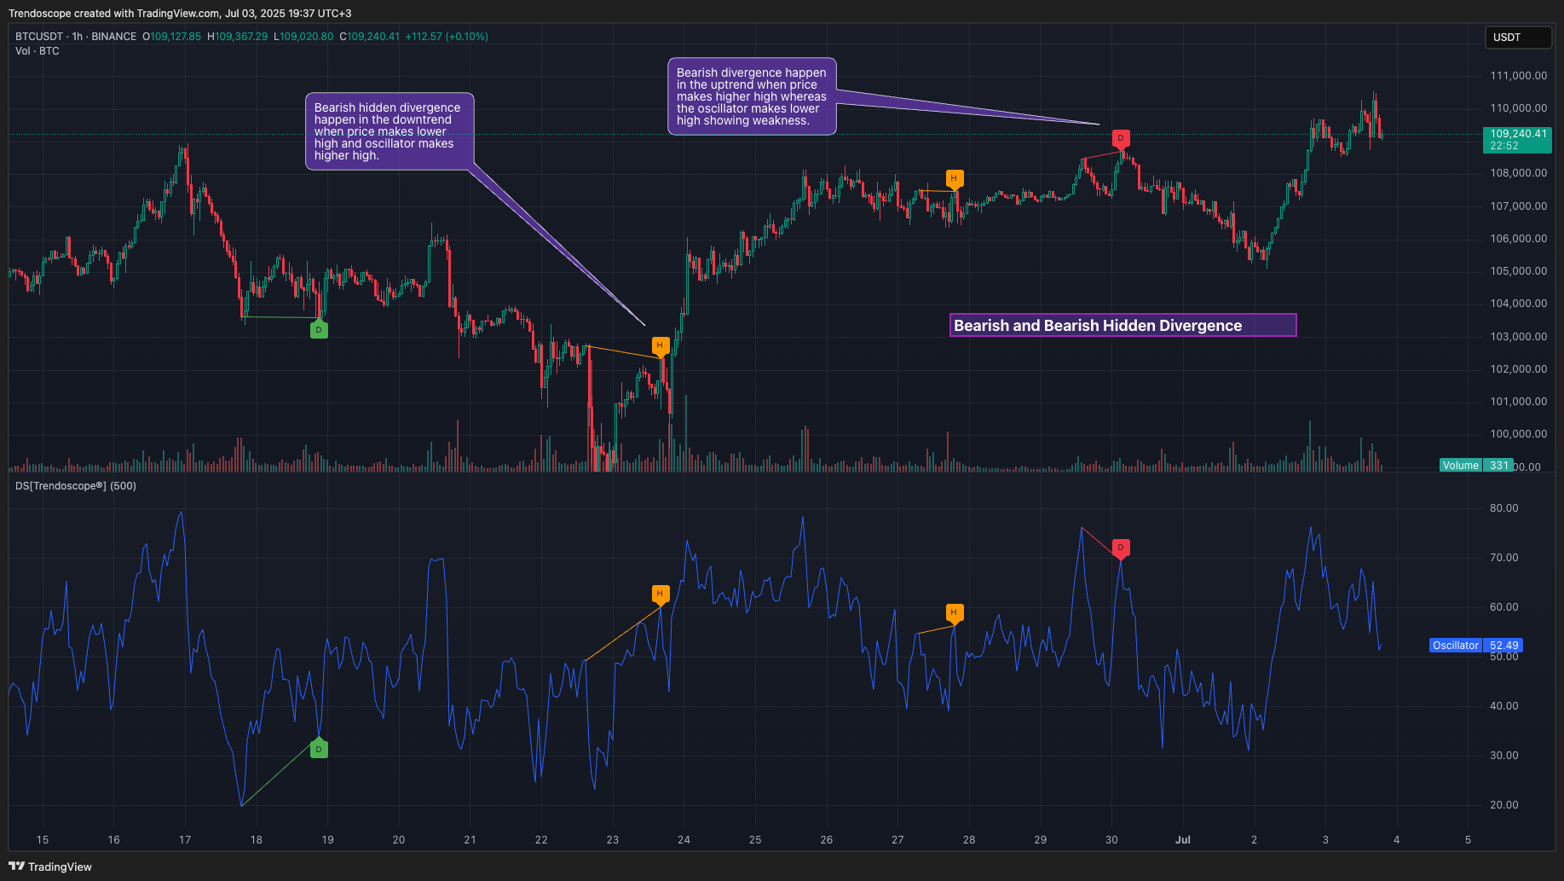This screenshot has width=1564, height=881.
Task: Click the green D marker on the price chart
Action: (x=319, y=330)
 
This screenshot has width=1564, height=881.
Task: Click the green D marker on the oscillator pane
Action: (x=319, y=750)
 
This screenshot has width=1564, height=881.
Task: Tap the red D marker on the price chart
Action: (x=1121, y=138)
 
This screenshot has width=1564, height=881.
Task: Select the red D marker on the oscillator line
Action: (x=1121, y=548)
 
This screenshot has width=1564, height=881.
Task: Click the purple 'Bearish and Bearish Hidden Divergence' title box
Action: (x=1123, y=325)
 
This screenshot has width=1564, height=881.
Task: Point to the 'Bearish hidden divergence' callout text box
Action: (x=389, y=131)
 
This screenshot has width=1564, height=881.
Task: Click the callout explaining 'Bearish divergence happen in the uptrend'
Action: (x=752, y=96)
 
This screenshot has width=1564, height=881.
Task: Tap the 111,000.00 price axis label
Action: (x=1518, y=76)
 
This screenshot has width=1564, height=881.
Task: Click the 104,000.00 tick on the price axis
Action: (x=1518, y=304)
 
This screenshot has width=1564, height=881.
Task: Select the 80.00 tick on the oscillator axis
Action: (x=1503, y=508)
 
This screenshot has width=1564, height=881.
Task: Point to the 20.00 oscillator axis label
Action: (x=1503, y=805)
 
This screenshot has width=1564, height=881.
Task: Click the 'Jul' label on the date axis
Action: (x=1183, y=840)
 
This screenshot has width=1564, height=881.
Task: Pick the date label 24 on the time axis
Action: (x=684, y=840)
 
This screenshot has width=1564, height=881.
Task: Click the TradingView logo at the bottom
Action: (x=50, y=867)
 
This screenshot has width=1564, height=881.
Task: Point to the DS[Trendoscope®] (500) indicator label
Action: (x=76, y=486)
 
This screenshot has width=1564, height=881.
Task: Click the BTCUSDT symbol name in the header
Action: (x=39, y=37)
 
